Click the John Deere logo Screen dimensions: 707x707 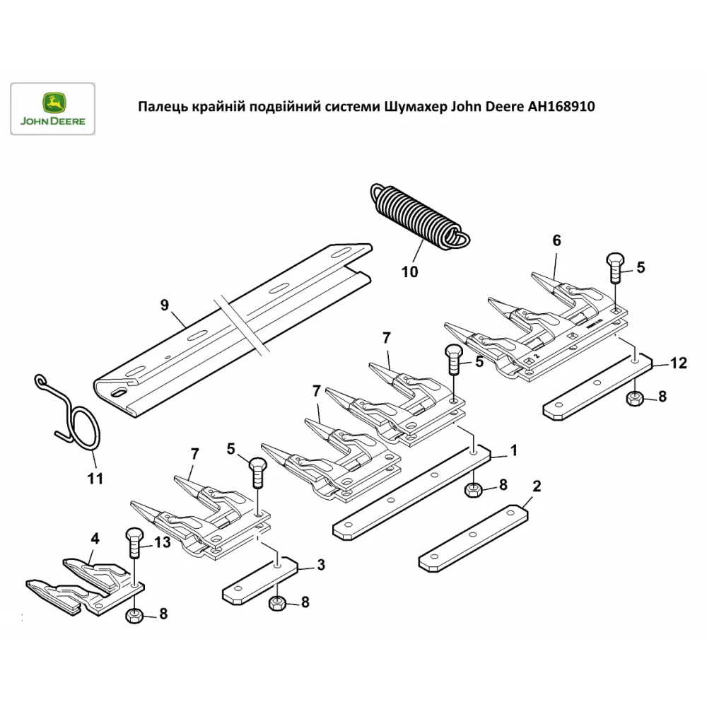click(x=52, y=109)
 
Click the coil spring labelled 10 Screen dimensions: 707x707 click(x=418, y=215)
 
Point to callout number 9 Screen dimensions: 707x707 click(x=165, y=305)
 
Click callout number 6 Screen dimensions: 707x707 click(x=556, y=240)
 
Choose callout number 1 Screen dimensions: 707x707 click(x=514, y=450)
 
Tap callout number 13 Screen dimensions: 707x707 click(x=162, y=543)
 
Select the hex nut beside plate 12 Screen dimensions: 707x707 click(x=634, y=399)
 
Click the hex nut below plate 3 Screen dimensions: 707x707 click(x=278, y=603)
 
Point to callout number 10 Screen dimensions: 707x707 click(x=409, y=271)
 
